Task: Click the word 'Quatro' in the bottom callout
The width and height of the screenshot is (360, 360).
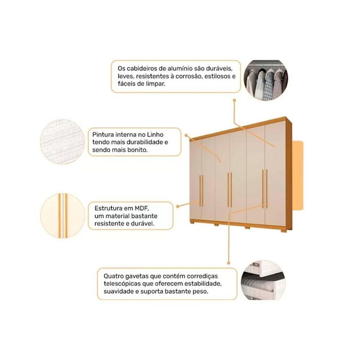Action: [112, 276]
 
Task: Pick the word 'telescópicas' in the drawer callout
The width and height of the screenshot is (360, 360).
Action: [120, 284]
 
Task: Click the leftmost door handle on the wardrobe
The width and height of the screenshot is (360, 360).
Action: [201, 190]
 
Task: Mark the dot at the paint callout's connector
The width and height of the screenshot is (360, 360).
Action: [186, 135]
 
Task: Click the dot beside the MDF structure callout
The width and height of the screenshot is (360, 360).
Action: [178, 206]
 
